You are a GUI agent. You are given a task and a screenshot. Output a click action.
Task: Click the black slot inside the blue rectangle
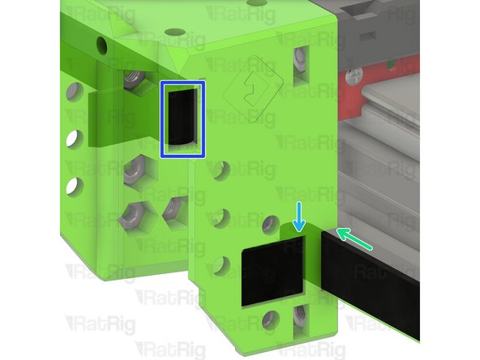click(182, 118)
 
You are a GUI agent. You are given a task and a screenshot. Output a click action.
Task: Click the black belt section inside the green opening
click(272, 276)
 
